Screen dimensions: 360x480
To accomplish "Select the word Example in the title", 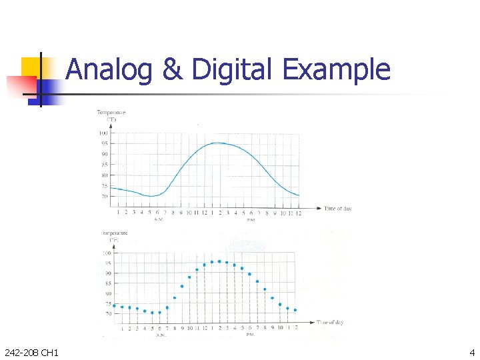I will pos(336,69).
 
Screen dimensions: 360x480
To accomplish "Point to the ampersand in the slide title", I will pos(172,69).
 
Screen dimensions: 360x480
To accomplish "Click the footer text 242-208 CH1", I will pos(31,352).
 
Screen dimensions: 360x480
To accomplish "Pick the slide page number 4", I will pos(472,352).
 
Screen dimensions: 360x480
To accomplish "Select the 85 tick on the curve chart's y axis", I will pos(104,165).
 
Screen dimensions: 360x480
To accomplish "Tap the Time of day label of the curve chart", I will pos(338,209).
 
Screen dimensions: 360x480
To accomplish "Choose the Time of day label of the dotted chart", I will pos(331,323).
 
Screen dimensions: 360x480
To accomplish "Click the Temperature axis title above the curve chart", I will pos(111,113).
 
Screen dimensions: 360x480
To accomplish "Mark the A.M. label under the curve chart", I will pos(159,219).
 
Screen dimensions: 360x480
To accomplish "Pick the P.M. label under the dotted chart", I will pos(251,335).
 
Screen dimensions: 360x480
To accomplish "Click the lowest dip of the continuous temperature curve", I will pos(152,196).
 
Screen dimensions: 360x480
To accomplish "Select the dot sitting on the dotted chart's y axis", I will pos(115,306).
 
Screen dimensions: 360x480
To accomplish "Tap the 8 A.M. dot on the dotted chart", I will pos(175,298).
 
